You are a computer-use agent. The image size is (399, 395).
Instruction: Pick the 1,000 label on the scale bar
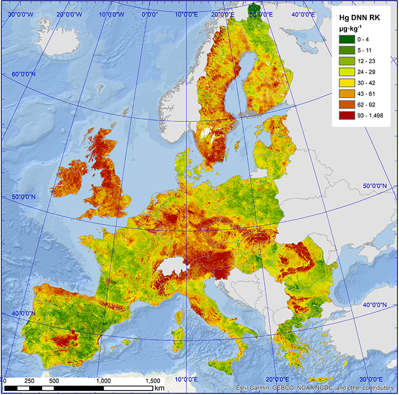click(103, 380)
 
